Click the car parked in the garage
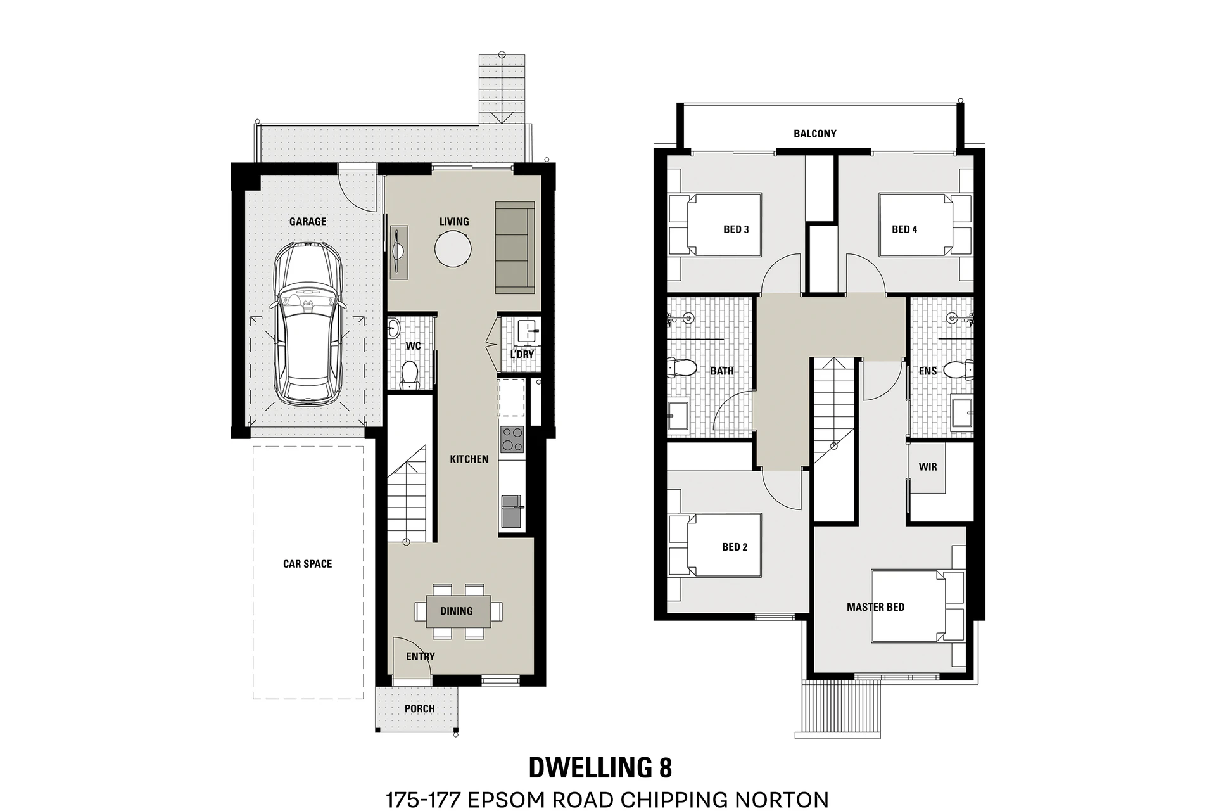tap(308, 323)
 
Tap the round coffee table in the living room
tap(453, 248)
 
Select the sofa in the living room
tap(515, 248)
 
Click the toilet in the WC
tap(410, 374)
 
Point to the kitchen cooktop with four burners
tap(512, 439)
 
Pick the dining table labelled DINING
tap(459, 611)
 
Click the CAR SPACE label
tap(307, 564)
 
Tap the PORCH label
tap(420, 709)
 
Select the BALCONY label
tap(815, 134)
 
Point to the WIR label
tap(928, 467)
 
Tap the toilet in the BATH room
tap(681, 368)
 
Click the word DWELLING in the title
tap(588, 767)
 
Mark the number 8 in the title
tap(665, 767)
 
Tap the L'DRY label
tap(522, 354)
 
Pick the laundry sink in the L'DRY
tap(527, 331)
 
